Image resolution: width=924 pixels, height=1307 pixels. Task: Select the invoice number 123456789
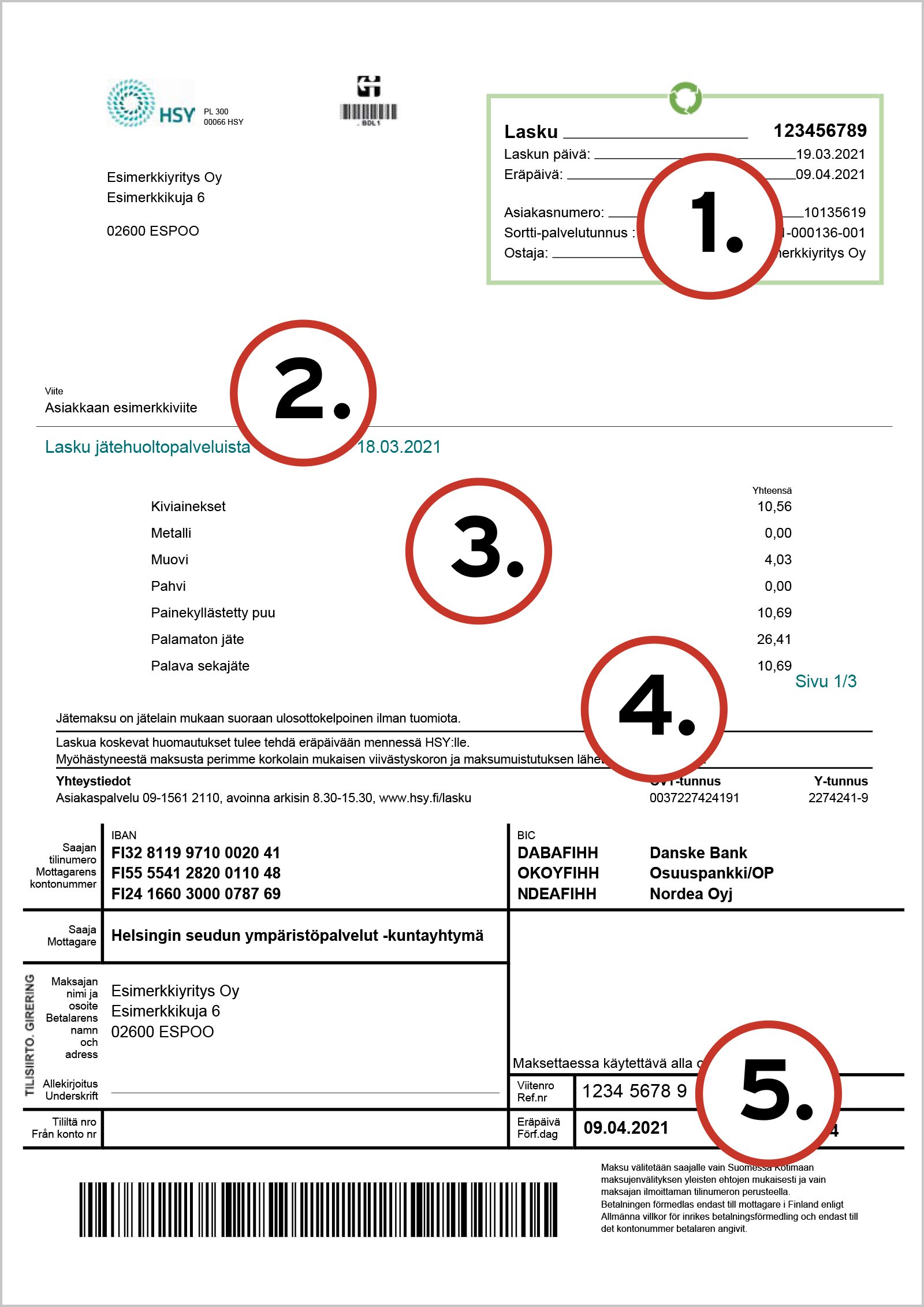tap(819, 131)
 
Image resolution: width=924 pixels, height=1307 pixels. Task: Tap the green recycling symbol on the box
tap(685, 98)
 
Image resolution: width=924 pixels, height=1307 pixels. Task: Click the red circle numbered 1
tap(710, 226)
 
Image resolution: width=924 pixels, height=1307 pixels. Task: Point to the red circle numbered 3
tap(479, 551)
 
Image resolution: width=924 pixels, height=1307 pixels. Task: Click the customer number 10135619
tap(834, 213)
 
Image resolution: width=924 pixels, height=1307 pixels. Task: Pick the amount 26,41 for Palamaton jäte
tap(774, 639)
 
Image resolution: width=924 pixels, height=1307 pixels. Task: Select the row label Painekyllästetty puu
tap(213, 613)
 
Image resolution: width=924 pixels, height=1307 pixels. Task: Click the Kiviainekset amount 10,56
tap(774, 507)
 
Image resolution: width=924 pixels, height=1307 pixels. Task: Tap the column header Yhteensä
tap(772, 490)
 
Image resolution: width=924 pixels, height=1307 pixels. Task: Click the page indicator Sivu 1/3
tap(825, 682)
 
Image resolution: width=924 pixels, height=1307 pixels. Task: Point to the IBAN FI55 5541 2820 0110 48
tap(196, 873)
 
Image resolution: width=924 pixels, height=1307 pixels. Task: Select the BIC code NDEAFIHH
tap(557, 893)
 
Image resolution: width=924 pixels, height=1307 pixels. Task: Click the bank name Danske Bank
tap(698, 852)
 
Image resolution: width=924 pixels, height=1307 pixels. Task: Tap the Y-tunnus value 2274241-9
tap(837, 798)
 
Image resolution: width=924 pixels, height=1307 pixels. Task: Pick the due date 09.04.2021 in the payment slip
tap(625, 1127)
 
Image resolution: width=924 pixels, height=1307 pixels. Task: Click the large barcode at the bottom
tap(318, 1209)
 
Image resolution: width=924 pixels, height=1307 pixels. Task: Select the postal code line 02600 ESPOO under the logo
tap(152, 231)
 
